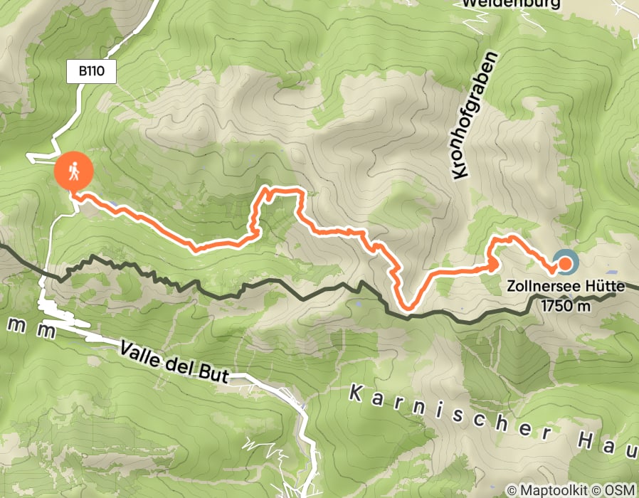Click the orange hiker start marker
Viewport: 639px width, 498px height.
74,171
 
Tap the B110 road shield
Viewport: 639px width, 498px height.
91,72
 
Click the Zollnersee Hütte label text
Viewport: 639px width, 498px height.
566,287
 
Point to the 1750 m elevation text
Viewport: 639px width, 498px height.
566,306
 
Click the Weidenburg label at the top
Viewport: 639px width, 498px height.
510,4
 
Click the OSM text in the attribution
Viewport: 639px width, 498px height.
620,490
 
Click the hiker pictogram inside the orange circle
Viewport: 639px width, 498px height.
74,171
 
